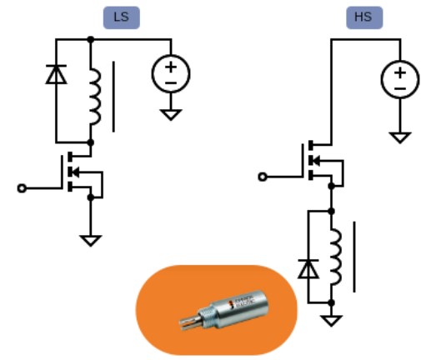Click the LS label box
point(122,17)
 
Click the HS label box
point(364,17)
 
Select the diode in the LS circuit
point(56,74)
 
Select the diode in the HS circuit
point(308,268)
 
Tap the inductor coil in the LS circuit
point(95,96)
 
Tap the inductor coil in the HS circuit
point(336,257)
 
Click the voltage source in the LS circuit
point(171,73)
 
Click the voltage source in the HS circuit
point(400,79)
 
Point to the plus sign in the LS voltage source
point(171,67)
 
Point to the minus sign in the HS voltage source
point(400,88)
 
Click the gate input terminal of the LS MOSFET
point(22,188)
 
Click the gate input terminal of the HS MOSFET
point(263,177)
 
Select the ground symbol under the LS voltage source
point(171,114)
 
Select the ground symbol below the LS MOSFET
point(91,241)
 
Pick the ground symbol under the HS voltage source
point(400,137)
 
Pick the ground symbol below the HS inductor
point(331,321)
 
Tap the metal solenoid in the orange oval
point(224,310)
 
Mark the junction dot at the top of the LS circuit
point(91,39)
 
